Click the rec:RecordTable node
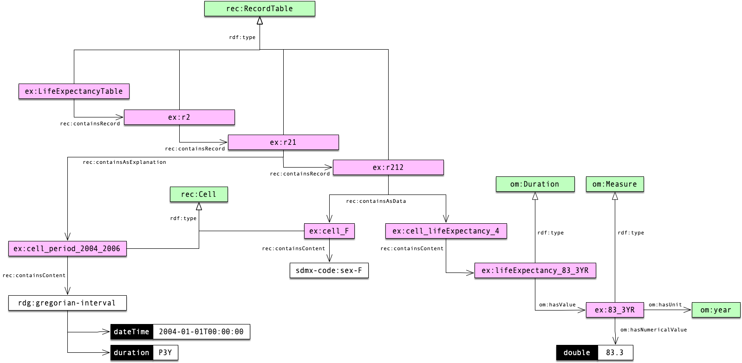(260, 9)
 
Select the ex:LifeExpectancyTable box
(74, 91)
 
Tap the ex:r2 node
(179, 117)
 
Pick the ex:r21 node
(283, 143)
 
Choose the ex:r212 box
(388, 168)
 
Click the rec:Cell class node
(199, 194)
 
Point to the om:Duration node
(535, 184)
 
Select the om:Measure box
(615, 184)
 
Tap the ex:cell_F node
(329, 231)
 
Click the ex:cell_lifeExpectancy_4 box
(446, 231)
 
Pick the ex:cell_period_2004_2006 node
(67, 249)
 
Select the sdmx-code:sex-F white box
(329, 271)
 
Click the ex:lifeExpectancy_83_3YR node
(535, 271)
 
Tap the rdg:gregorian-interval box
(67, 303)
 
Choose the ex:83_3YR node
(615, 310)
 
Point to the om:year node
(716, 310)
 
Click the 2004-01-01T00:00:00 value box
(201, 332)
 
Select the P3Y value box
(165, 353)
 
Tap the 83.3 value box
(615, 353)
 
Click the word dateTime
(131, 332)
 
